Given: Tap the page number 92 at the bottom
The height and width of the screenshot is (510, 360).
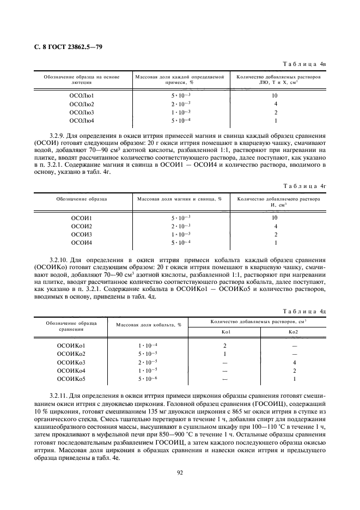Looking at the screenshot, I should [x=180, y=472].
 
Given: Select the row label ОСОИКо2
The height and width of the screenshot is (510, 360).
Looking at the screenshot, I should [x=72, y=354].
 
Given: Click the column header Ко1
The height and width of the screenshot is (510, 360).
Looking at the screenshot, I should [x=225, y=331].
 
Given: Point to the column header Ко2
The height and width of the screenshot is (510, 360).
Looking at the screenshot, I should [x=294, y=331].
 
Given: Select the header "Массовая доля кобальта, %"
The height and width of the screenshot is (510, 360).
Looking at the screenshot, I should [x=148, y=325].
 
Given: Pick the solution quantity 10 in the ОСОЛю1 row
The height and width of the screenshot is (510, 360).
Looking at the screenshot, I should [x=276, y=95].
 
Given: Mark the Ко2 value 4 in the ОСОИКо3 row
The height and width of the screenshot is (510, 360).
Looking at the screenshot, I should [x=294, y=362].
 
